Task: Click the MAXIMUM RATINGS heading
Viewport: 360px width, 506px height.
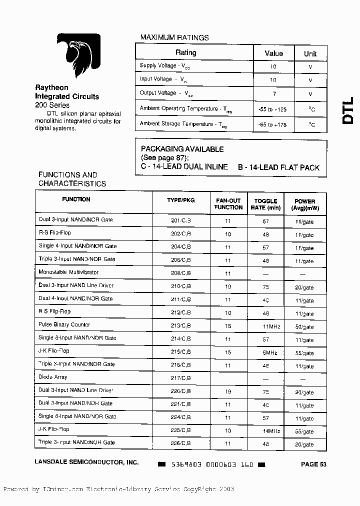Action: point(174,37)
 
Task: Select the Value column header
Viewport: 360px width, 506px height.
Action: point(273,53)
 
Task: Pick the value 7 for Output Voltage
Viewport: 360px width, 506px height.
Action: point(273,93)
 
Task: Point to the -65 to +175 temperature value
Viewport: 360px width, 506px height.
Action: point(273,124)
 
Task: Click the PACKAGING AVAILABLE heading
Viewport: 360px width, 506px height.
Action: point(182,149)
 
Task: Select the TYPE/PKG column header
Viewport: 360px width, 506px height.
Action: point(180,200)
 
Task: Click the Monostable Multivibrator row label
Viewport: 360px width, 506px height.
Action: point(68,272)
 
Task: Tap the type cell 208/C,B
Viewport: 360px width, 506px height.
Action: point(180,273)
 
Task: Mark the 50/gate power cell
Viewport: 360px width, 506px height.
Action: point(304,326)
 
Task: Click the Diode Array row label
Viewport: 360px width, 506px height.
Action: point(52,377)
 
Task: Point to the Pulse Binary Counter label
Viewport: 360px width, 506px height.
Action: point(64,325)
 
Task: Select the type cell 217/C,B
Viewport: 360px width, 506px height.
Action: point(180,378)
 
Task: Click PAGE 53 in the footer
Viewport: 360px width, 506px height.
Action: point(313,464)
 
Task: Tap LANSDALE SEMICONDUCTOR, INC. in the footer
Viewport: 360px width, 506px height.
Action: point(86,463)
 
